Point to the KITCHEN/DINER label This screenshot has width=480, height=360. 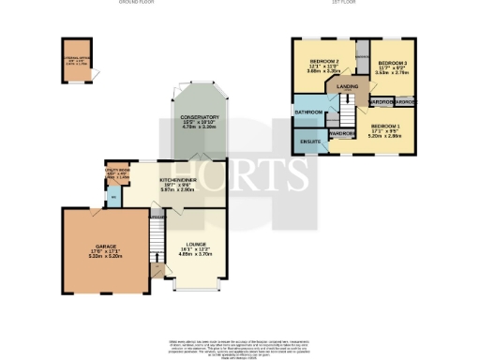click(x=178, y=179)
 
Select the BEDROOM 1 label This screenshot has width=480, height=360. click(x=383, y=125)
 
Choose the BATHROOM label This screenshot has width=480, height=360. click(x=307, y=112)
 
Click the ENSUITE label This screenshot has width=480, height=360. click(x=310, y=142)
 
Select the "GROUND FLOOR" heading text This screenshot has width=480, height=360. click(x=136, y=4)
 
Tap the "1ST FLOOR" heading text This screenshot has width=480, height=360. click(x=341, y=4)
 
